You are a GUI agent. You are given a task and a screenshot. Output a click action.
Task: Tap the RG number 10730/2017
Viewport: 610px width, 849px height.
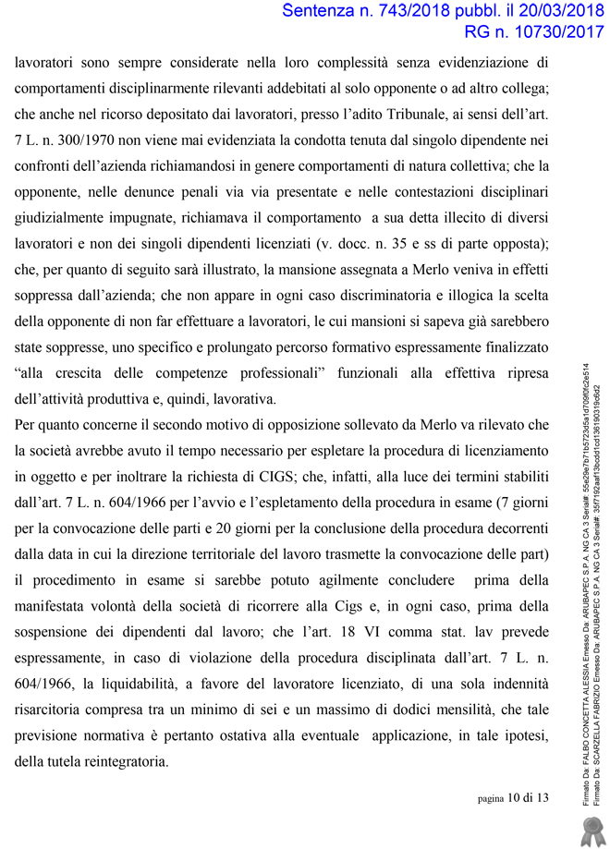tap(551, 34)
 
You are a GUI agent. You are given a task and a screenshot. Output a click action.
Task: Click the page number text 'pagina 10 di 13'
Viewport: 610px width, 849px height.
tap(512, 798)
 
